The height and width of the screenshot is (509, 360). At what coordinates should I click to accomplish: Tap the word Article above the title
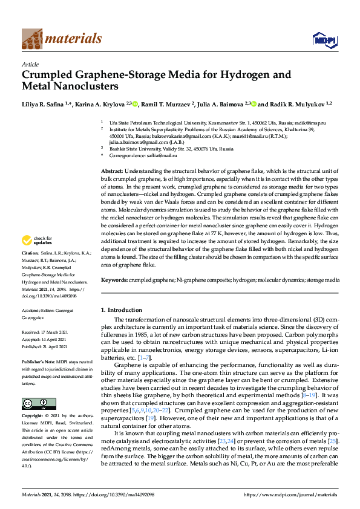coord(30,64)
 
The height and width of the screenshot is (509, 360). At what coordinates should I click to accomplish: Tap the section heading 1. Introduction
coord(121,310)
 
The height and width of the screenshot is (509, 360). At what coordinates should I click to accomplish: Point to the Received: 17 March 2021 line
coord(44,332)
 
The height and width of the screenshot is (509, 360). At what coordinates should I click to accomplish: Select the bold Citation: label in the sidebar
coord(30,269)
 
